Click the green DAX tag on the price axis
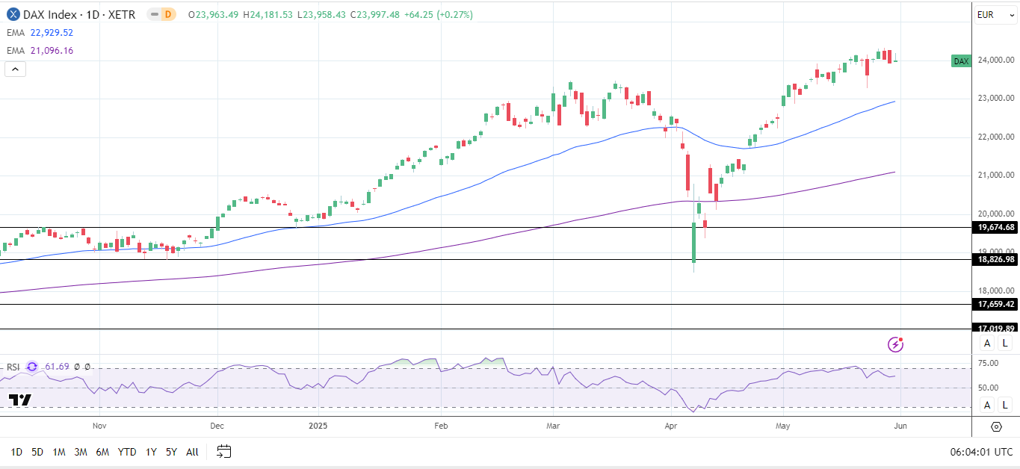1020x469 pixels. [x=961, y=61]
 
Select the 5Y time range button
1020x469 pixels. [x=171, y=452]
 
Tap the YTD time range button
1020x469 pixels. [x=127, y=452]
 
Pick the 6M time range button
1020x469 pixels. [x=102, y=452]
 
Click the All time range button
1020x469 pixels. [x=192, y=452]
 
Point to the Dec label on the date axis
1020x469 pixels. [x=217, y=426]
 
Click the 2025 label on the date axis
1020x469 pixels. [x=318, y=426]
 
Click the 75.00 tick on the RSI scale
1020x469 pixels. [x=989, y=364]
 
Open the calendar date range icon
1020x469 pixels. [x=224, y=451]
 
